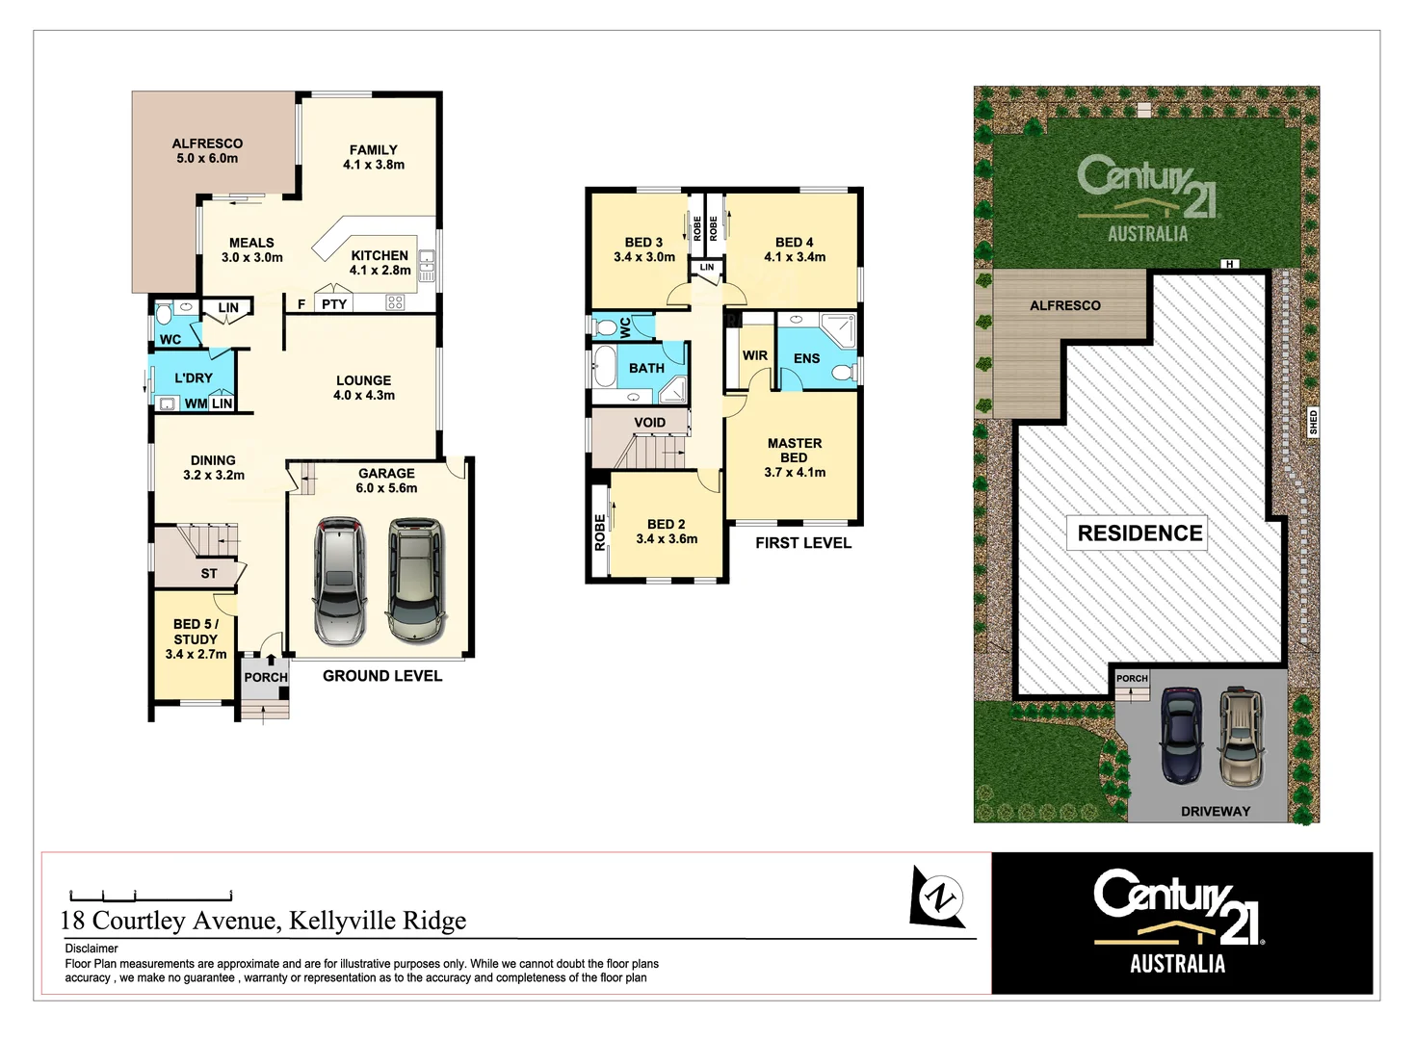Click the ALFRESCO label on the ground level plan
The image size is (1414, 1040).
coord(207,144)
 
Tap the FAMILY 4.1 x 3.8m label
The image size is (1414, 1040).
coord(374,157)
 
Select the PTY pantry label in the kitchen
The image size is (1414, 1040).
coord(334,304)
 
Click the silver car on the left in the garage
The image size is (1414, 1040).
coord(339,581)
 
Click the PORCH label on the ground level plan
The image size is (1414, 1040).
coord(266,677)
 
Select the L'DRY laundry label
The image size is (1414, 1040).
coord(194,378)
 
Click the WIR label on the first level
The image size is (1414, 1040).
coord(755,355)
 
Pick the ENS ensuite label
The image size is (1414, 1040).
coord(807,358)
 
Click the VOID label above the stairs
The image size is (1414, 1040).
coord(650,423)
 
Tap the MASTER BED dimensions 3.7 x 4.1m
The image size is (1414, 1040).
coord(795,473)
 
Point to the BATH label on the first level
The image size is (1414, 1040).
coord(646,368)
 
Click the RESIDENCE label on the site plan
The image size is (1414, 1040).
coord(1139,533)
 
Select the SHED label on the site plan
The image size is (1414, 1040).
coord(1313,422)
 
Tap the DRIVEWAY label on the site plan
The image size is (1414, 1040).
coord(1216,812)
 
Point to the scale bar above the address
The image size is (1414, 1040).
coord(150,895)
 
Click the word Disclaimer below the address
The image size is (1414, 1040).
coord(92,949)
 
